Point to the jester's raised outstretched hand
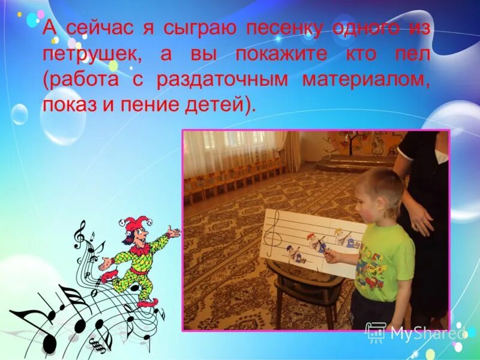tap(173, 231)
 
